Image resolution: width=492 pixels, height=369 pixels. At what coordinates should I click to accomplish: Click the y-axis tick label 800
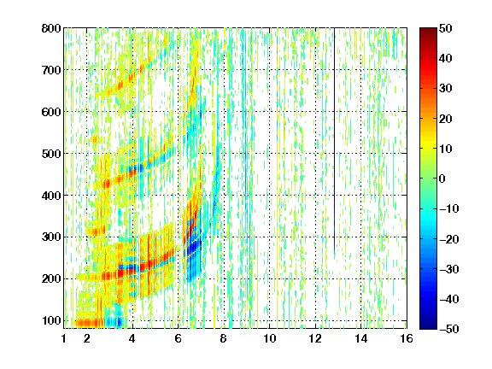51,28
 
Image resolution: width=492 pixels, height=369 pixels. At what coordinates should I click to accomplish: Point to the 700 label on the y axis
51,70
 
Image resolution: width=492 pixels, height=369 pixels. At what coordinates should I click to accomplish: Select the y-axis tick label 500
51,154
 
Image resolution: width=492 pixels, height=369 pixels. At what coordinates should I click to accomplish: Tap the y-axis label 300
51,237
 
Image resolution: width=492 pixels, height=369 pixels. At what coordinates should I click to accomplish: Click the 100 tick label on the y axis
51,320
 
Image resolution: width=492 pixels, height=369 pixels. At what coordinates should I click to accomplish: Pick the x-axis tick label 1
64,338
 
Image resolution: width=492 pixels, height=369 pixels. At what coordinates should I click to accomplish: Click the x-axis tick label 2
87,338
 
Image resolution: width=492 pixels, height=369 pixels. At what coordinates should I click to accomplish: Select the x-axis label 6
179,338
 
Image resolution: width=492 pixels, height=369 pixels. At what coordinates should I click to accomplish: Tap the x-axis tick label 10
270,338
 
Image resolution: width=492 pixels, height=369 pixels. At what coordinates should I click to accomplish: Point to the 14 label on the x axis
361,338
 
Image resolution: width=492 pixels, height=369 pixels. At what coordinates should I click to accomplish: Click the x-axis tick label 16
407,338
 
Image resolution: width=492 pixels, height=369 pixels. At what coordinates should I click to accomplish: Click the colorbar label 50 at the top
446,28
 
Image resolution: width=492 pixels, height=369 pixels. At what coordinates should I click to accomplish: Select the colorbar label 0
442,179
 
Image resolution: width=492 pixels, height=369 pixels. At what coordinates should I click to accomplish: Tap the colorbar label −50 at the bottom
449,329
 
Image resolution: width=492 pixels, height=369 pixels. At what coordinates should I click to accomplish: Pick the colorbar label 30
446,88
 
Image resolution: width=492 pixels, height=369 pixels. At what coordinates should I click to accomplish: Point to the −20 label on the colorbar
449,239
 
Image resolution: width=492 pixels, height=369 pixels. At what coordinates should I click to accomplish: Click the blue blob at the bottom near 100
114,322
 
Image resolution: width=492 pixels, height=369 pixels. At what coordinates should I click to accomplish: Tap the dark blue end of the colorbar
428,326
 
